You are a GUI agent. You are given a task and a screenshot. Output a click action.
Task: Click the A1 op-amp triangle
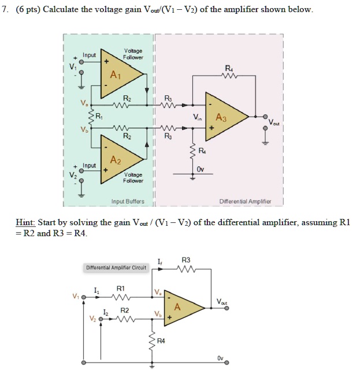[119, 74]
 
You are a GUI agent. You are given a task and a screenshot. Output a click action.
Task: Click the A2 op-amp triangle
[119, 159]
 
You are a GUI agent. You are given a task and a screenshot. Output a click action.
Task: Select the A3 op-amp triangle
[224, 117]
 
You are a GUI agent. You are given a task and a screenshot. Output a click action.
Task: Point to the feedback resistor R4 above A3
[229, 76]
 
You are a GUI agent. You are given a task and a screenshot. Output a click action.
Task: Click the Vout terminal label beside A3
[274, 122]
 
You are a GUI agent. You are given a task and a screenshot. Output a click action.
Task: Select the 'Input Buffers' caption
[128, 202]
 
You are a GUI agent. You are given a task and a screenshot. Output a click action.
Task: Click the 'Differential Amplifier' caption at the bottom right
[245, 202]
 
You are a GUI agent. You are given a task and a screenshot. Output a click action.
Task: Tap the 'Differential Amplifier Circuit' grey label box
[116, 268]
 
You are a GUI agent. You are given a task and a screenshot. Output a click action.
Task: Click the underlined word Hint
[25, 222]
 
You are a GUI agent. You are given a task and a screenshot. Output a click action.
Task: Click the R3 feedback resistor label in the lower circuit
[186, 260]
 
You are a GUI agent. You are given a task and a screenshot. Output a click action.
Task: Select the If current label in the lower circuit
[160, 262]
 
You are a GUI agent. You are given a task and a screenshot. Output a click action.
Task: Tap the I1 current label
[97, 290]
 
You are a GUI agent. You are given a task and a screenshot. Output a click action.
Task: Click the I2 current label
[106, 312]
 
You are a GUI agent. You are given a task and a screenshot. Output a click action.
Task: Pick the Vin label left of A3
[197, 118]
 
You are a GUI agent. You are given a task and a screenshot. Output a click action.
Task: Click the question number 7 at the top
[5, 10]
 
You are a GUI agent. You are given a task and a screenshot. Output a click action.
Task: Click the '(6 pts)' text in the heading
[28, 10]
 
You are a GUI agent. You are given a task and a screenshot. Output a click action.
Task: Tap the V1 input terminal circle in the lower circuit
[83, 297]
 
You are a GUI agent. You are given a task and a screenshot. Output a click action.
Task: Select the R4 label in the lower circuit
[161, 341]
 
